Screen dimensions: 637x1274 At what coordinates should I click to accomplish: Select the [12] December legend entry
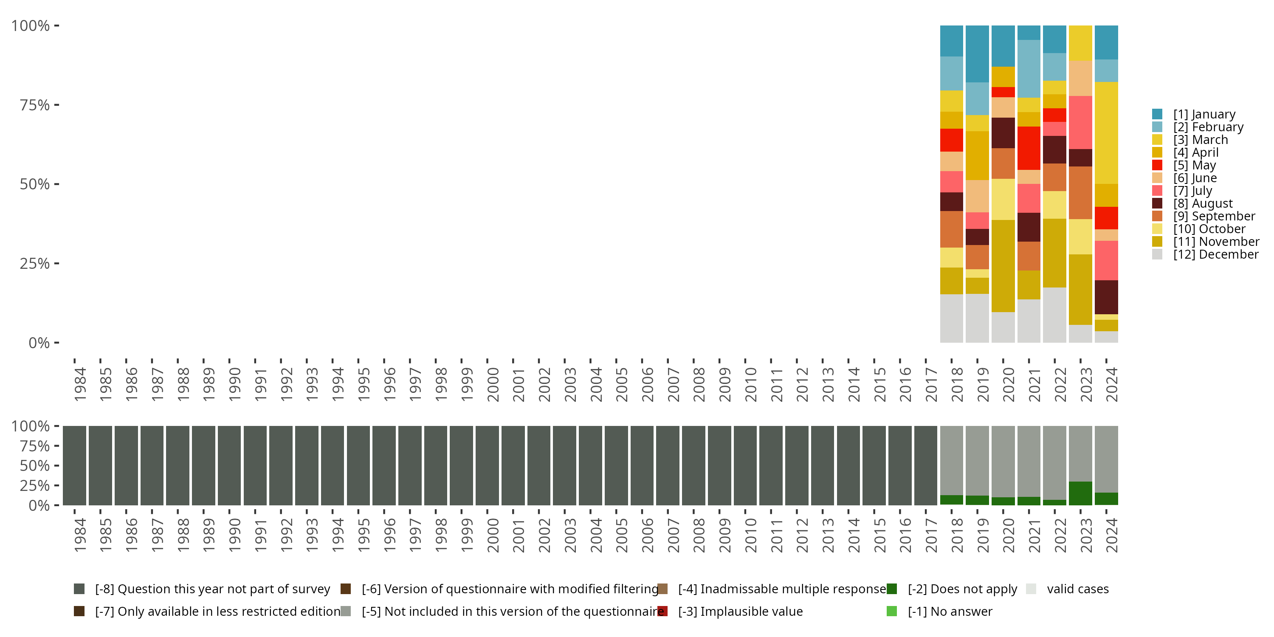pos(1215,255)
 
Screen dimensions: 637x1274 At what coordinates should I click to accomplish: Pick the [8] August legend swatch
pos(1157,203)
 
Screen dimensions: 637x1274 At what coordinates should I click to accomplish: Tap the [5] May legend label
pos(1194,165)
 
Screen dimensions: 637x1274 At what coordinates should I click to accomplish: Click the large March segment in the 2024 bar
pos(1106,132)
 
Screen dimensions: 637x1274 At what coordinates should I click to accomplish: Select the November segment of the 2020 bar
pos(1003,265)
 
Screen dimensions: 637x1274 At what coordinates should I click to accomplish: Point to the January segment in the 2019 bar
pos(977,54)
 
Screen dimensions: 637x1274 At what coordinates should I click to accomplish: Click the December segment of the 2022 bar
pos(1054,315)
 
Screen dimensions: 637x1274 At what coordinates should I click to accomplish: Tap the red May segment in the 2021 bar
pos(1029,148)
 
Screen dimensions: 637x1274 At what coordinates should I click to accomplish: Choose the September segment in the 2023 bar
pos(1080,192)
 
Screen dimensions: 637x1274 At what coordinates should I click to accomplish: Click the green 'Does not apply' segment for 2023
pos(1080,493)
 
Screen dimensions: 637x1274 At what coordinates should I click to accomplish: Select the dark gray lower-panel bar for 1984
pos(74,465)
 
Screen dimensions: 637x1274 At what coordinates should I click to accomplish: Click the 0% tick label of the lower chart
pos(39,505)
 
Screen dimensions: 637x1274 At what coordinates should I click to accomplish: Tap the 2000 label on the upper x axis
pos(493,384)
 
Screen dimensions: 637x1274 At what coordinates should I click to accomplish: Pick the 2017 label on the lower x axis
pos(931,535)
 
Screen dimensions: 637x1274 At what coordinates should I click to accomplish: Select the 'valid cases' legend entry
pos(1077,589)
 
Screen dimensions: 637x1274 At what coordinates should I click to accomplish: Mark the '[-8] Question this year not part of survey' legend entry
pos(211,589)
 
